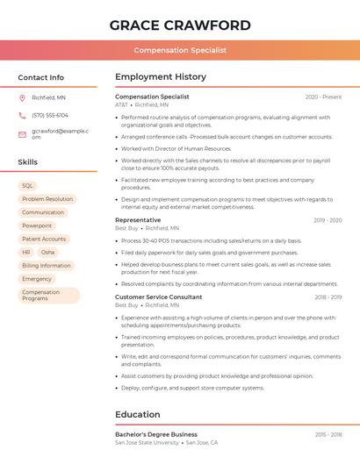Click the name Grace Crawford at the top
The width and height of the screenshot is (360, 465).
pyautogui.click(x=180, y=25)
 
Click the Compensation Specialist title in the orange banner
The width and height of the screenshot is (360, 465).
pyautogui.click(x=180, y=50)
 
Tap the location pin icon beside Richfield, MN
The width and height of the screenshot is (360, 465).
pyautogui.click(x=22, y=97)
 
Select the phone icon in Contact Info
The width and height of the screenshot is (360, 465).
pyautogui.click(x=22, y=115)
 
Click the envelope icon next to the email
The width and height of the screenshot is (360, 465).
pyautogui.click(x=22, y=133)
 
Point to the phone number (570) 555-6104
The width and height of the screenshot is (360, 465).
pyautogui.click(x=50, y=115)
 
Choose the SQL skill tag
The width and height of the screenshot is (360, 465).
pyautogui.click(x=27, y=186)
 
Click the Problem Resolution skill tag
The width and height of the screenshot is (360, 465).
pyautogui.click(x=47, y=199)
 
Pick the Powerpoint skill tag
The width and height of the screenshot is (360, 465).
pyautogui.click(x=37, y=225)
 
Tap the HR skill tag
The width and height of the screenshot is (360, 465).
pyautogui.click(x=26, y=252)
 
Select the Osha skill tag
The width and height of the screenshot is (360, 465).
pyautogui.click(x=47, y=252)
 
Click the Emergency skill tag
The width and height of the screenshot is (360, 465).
pyautogui.click(x=37, y=279)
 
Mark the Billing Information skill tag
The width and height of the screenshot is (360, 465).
pyautogui.click(x=47, y=265)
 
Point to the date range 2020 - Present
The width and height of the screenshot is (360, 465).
pyautogui.click(x=323, y=97)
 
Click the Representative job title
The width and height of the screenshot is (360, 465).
pyautogui.click(x=138, y=220)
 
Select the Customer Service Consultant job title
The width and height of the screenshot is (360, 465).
pyautogui.click(x=158, y=297)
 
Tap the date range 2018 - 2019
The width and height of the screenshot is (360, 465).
pyautogui.click(x=328, y=297)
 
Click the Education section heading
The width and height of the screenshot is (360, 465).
pyautogui.click(x=138, y=414)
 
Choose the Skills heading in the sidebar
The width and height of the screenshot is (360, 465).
pyautogui.click(x=28, y=162)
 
